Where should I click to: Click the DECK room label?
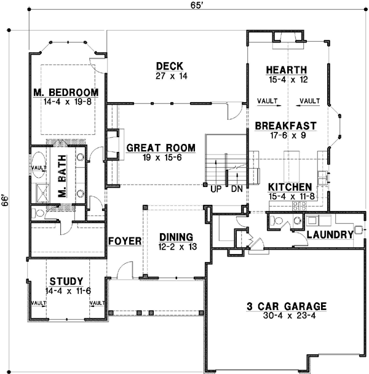[167, 66]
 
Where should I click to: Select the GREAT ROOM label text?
[161, 148]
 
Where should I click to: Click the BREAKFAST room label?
[285, 125]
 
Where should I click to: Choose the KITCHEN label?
[289, 186]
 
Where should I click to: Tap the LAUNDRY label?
[330, 234]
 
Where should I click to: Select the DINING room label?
[177, 237]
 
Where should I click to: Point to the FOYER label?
[125, 241]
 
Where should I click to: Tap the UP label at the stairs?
[216, 189]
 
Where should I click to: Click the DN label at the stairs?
[237, 189]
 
